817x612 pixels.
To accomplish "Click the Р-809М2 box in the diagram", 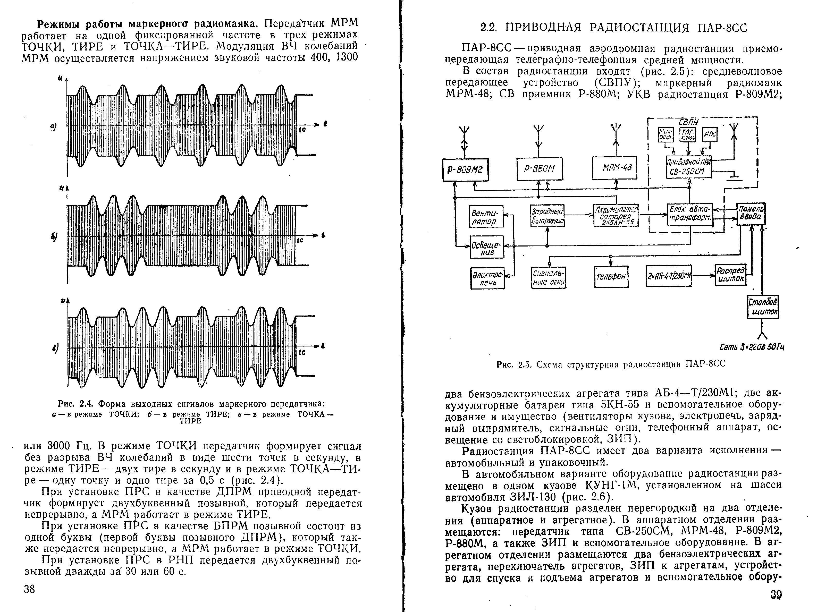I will tap(465, 170).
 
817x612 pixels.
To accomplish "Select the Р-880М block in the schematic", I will tap(540, 169).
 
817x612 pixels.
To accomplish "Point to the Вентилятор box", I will tap(487, 216).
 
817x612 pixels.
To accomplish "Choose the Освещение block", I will tap(487, 247).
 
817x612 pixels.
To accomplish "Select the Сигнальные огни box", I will tap(549, 278).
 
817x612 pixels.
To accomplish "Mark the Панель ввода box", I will tap(751, 214).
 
